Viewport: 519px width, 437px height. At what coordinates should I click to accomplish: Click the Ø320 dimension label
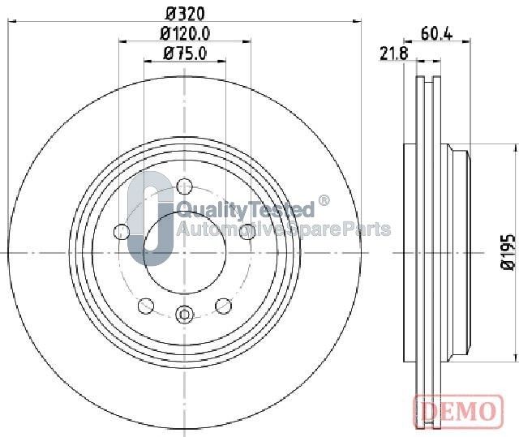(x=185, y=14)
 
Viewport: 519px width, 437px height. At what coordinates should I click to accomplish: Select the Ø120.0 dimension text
(x=185, y=34)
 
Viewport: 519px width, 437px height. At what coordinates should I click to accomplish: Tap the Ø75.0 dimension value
(x=185, y=54)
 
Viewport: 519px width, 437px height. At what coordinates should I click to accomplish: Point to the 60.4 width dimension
(x=436, y=33)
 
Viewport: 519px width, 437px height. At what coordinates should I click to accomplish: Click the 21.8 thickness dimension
(x=394, y=54)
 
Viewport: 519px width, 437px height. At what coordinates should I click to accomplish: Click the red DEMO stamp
(x=459, y=411)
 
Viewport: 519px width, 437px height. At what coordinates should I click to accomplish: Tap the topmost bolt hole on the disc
(x=184, y=186)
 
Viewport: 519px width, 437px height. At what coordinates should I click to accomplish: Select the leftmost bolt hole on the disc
(x=122, y=232)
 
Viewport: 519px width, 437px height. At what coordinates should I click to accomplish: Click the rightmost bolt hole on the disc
(x=247, y=232)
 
